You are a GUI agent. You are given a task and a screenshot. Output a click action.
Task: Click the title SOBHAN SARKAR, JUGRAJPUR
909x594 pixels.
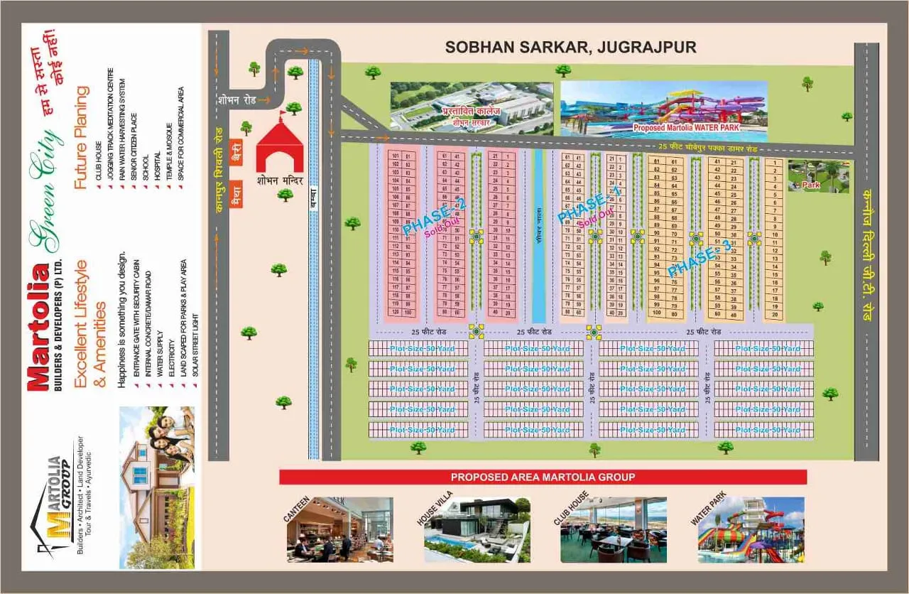570,48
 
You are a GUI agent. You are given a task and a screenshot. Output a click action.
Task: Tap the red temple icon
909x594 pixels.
279,150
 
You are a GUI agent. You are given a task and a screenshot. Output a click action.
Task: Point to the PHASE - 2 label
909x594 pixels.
435,216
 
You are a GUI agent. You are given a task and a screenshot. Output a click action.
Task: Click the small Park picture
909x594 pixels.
818,176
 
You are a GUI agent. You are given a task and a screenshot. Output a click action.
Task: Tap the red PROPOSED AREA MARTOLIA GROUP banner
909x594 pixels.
543,477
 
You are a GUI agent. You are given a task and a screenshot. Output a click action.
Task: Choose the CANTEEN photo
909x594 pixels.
340,529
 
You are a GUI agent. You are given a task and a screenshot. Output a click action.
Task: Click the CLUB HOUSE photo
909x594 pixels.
613,529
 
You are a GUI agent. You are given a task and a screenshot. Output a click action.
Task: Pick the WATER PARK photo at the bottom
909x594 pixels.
751,529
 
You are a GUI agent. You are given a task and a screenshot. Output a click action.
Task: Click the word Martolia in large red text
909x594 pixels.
38,326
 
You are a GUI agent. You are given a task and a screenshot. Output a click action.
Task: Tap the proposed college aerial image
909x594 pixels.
472,108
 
